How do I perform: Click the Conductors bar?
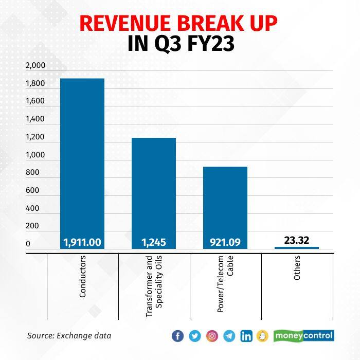[82, 159]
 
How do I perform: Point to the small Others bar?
[297, 248]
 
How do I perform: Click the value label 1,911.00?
[82, 241]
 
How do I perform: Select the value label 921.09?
[225, 241]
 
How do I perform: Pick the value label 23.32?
[297, 240]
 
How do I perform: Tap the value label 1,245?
[154, 241]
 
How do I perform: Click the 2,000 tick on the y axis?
[35, 66]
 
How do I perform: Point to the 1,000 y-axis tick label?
[35, 155]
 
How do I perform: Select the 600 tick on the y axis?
[32, 191]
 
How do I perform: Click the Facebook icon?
[177, 336]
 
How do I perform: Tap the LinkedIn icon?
[246, 336]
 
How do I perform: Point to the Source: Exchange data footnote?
[69, 336]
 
